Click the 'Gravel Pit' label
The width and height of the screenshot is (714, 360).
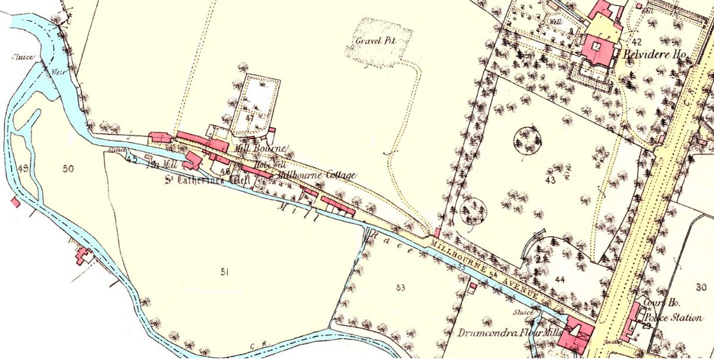374,42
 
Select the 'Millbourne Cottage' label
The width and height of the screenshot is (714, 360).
322,175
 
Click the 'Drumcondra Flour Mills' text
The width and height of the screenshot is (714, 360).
508,331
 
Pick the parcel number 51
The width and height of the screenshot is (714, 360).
224,272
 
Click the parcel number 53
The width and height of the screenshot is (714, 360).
400,288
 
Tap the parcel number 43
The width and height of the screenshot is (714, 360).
549,179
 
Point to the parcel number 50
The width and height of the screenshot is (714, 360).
68,169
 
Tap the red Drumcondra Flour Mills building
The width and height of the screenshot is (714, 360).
576,334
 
